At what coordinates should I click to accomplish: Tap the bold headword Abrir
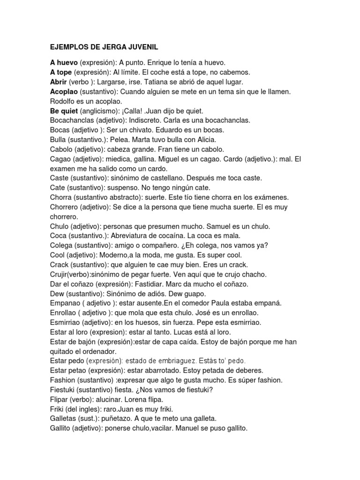pyautogui.click(x=59, y=82)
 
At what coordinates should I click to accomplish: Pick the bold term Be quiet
pyautogui.click(x=64, y=111)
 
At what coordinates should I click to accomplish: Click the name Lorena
pyautogui.click(x=136, y=399)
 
